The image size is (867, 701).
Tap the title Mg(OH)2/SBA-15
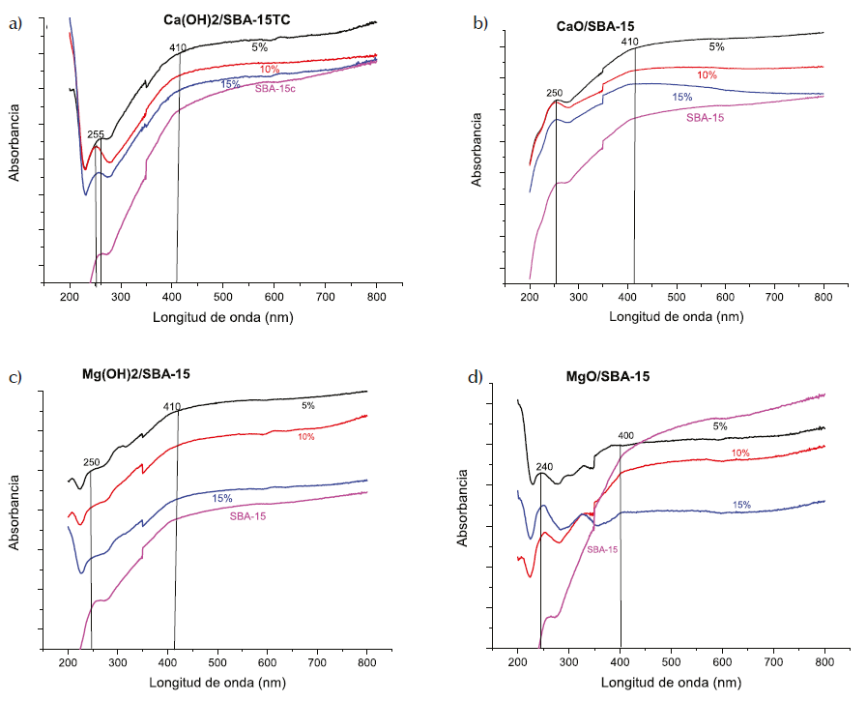(142, 373)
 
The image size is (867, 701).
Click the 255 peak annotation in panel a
(96, 135)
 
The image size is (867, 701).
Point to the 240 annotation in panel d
(544, 466)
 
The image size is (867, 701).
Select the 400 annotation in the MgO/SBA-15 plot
(625, 436)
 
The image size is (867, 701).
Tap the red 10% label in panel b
(707, 75)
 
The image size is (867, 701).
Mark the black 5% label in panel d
(720, 425)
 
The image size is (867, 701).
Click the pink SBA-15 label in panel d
(602, 549)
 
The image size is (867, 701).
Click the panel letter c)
(15, 377)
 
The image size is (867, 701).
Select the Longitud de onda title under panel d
(672, 683)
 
